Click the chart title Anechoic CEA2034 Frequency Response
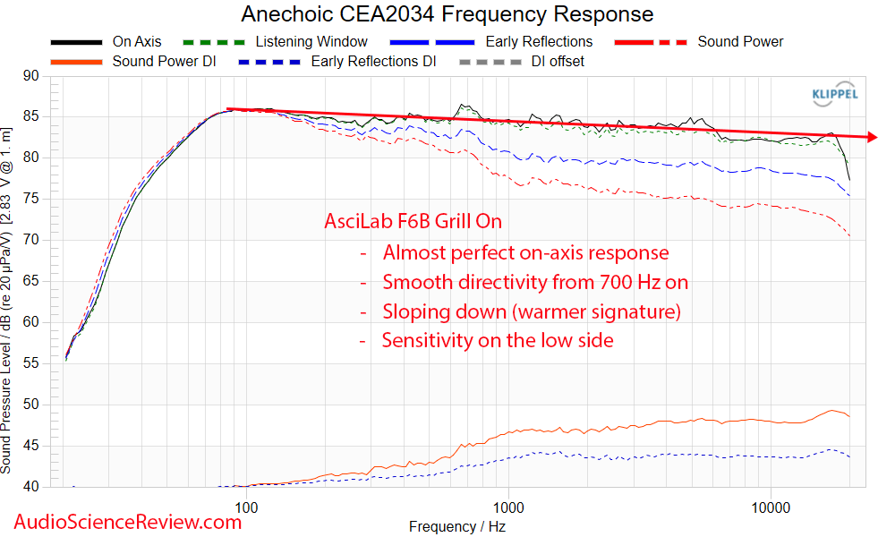pyautogui.click(x=447, y=14)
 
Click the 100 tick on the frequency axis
pyautogui.click(x=247, y=507)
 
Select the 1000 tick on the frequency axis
pyautogui.click(x=508, y=507)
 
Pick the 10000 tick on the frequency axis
pyautogui.click(x=771, y=507)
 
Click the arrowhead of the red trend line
pyautogui.click(x=872, y=137)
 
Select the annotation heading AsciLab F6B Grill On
pyautogui.click(x=413, y=222)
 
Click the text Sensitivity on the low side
pyautogui.click(x=498, y=340)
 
